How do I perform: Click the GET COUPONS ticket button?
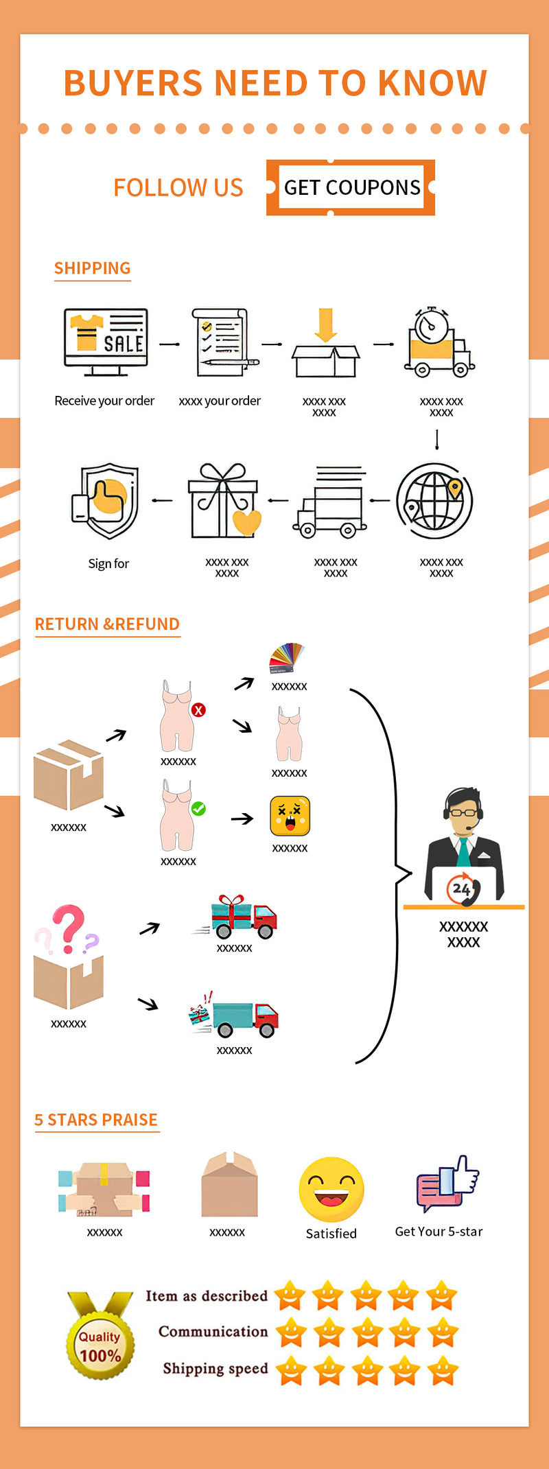pyautogui.click(x=351, y=187)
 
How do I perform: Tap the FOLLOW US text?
pyautogui.click(x=178, y=188)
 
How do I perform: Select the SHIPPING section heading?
pyautogui.click(x=92, y=268)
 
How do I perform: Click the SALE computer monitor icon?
pyautogui.click(x=106, y=340)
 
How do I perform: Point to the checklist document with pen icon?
pyautogui.click(x=221, y=341)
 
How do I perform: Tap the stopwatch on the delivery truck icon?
pyautogui.click(x=432, y=325)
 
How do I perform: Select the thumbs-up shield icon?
pyautogui.click(x=106, y=501)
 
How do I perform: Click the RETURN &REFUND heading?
pyautogui.click(x=107, y=624)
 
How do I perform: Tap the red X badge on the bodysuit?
pyautogui.click(x=198, y=710)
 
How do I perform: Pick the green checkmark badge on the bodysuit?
pyautogui.click(x=198, y=809)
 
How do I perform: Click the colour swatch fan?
pyautogui.click(x=287, y=657)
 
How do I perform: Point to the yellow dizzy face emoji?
pyautogui.click(x=290, y=816)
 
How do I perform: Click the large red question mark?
pyautogui.click(x=68, y=927)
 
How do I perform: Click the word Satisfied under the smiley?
pyautogui.click(x=331, y=1234)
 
